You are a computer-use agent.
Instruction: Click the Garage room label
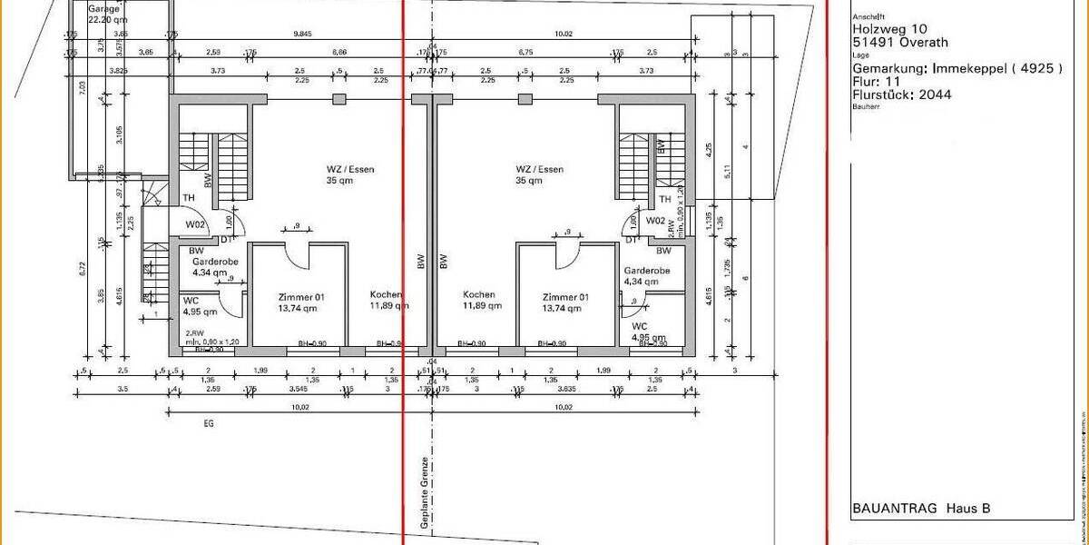point(103,8)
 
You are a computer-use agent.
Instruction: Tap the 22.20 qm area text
point(105,18)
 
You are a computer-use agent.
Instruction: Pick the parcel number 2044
point(935,93)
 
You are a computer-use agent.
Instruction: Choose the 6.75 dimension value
point(525,53)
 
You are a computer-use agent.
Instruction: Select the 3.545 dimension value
point(297,390)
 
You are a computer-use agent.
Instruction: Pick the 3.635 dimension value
point(564,390)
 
